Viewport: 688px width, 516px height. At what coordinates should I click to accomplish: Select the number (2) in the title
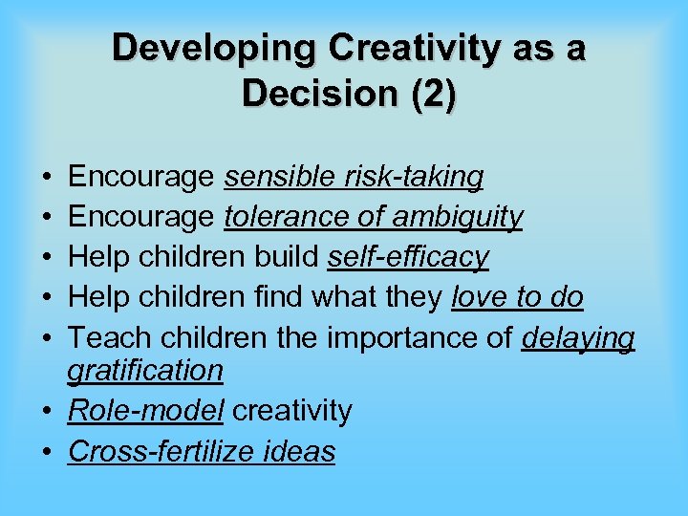[x=429, y=94]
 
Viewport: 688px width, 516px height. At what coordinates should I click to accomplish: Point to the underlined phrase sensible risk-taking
[x=354, y=177]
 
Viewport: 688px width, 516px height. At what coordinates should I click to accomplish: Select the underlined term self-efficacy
[x=408, y=257]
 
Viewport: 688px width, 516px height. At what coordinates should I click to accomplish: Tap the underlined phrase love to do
[x=517, y=297]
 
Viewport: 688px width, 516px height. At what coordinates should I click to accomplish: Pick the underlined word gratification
[x=145, y=370]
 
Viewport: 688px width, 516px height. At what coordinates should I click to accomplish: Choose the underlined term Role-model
[x=145, y=411]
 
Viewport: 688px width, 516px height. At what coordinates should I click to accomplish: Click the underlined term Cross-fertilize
[x=165, y=451]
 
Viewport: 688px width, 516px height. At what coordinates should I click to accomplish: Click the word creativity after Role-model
[x=292, y=411]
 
